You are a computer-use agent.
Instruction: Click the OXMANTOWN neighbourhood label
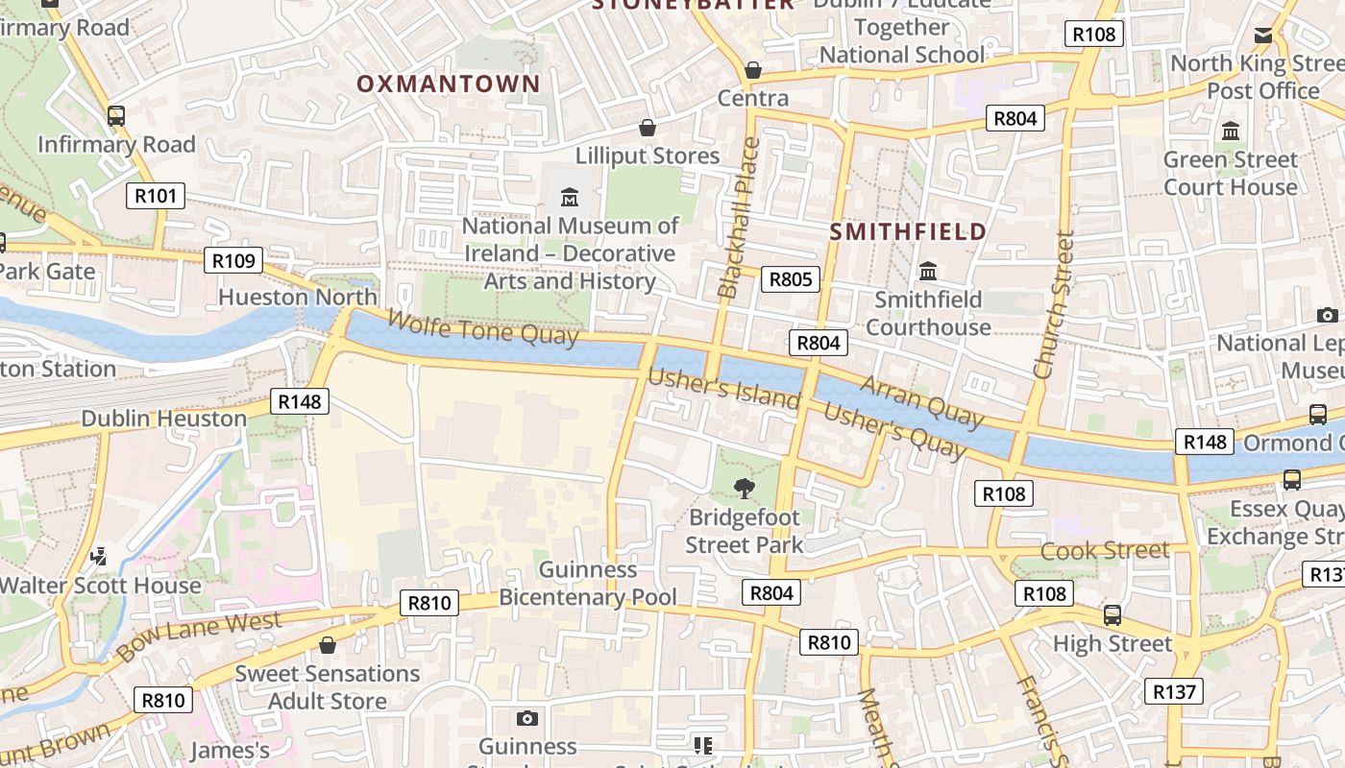coord(449,84)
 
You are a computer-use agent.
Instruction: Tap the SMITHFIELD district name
coord(908,231)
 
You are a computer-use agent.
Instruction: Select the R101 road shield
coord(156,197)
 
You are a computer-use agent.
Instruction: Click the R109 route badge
coord(232,260)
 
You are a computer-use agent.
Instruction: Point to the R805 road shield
coord(791,279)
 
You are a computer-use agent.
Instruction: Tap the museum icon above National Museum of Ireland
coord(570,198)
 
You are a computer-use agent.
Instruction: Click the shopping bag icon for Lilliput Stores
coord(648,128)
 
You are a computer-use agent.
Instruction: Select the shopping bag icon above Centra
coord(753,70)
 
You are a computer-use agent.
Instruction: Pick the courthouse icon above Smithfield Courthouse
coord(928,272)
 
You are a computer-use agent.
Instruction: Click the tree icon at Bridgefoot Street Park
coord(744,489)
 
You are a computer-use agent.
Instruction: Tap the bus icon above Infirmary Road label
coord(116,116)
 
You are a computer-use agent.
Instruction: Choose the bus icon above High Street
coord(1113,614)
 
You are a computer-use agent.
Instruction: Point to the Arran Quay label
coord(922,400)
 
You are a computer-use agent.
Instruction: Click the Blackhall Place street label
coord(739,218)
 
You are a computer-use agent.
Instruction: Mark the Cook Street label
coord(1105,551)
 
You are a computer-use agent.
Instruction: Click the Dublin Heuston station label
coord(163,419)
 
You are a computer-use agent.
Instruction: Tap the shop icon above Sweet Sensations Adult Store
coord(328,645)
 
